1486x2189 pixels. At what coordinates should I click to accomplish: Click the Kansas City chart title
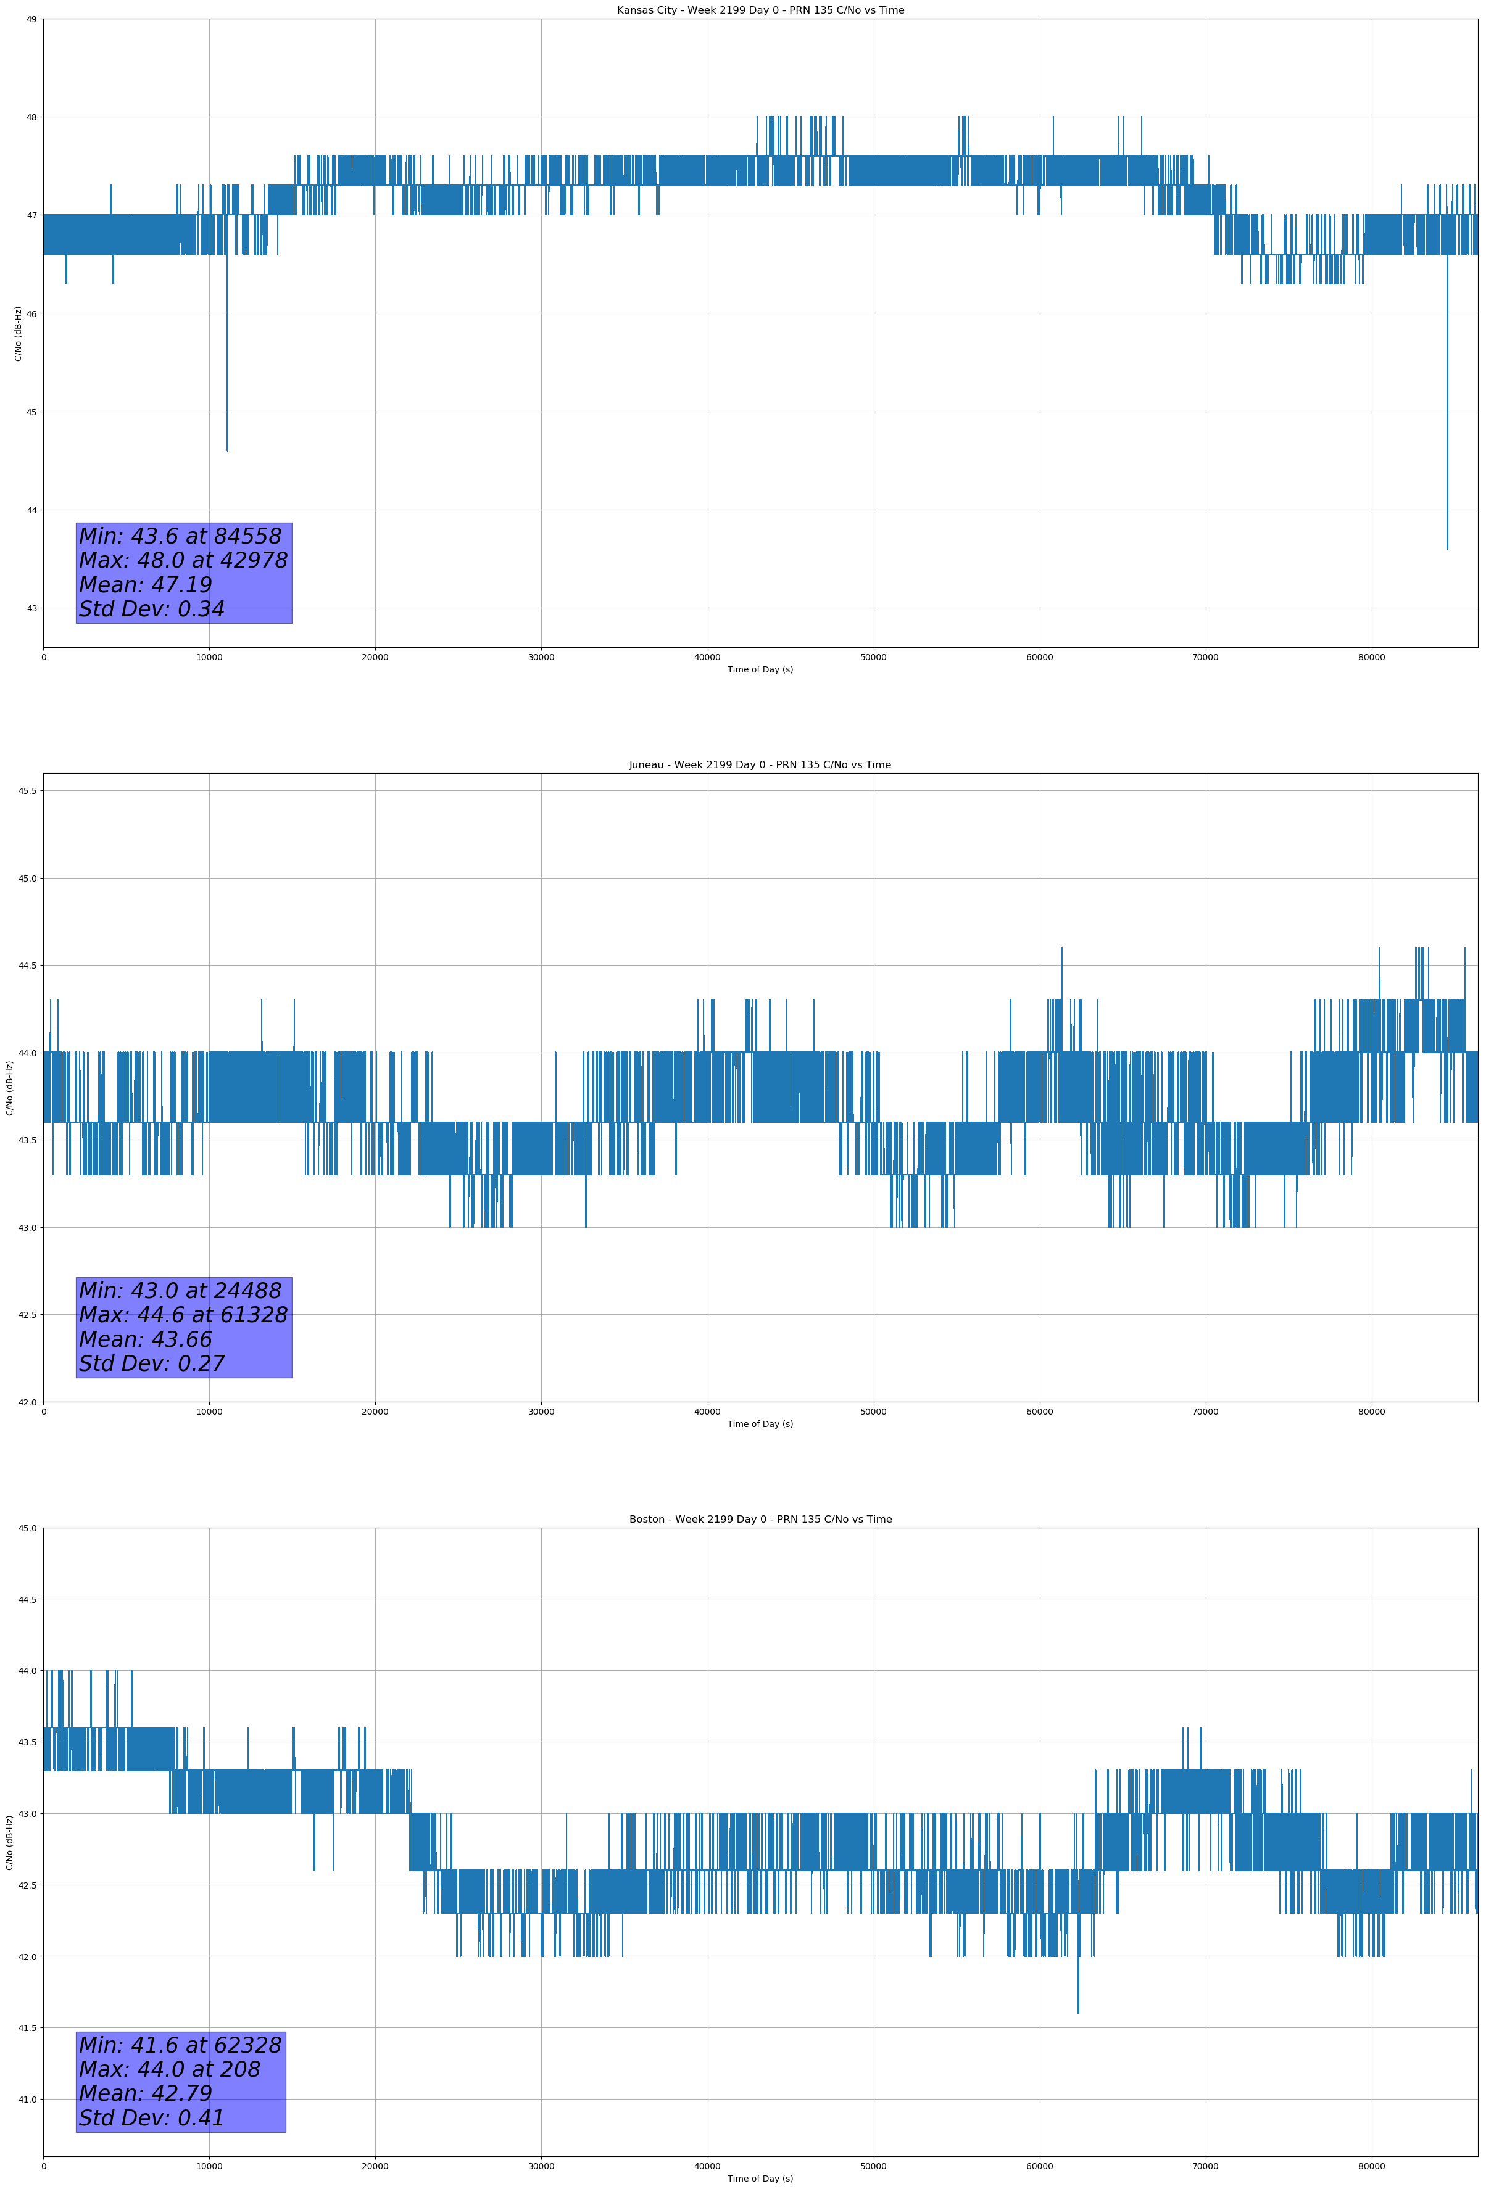(760, 10)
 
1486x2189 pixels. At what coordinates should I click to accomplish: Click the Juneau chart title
(760, 765)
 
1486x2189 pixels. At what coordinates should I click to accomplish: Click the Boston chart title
(760, 1520)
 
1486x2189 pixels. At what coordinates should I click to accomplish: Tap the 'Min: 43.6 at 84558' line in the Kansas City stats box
(180, 536)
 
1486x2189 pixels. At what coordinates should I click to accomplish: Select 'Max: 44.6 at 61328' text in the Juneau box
(183, 1315)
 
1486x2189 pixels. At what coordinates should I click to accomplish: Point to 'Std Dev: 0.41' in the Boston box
(152, 2118)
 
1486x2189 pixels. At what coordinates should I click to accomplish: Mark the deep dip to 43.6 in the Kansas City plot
(1447, 546)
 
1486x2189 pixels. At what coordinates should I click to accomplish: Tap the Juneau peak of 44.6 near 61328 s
(1061, 950)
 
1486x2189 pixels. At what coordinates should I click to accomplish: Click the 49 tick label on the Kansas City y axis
(31, 19)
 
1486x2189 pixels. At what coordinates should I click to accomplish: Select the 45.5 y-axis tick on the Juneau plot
(27, 791)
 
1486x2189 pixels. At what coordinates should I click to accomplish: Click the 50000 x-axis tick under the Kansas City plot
(873, 658)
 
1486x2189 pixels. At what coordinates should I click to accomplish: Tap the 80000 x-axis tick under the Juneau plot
(1371, 1412)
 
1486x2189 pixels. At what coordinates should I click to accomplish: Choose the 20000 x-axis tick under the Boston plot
(375, 2166)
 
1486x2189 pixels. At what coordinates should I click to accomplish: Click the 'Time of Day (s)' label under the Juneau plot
(760, 1424)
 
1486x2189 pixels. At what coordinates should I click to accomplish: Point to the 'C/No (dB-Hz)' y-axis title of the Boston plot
(9, 1842)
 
